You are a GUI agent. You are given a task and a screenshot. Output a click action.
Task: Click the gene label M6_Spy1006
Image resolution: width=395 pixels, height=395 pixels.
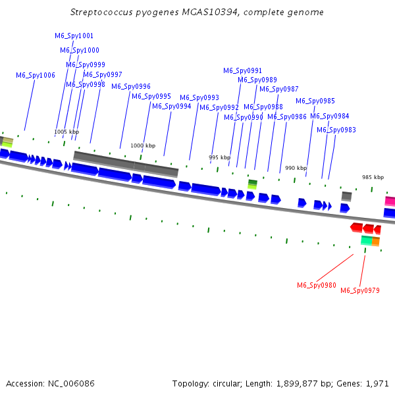(x=36, y=75)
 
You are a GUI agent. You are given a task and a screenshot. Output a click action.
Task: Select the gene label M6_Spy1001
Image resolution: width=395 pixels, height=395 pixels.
(x=74, y=36)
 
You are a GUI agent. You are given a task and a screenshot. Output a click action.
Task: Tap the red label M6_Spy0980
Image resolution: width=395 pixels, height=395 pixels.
(x=317, y=285)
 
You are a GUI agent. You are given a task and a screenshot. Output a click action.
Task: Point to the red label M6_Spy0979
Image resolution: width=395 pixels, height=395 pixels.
(x=360, y=290)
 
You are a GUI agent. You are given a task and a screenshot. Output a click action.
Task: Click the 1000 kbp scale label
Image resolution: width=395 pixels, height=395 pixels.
(x=143, y=145)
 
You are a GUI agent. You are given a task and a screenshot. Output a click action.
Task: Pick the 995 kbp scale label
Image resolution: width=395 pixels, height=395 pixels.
(x=219, y=157)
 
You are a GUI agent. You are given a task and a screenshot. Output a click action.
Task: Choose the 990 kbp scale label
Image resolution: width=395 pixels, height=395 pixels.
(x=296, y=168)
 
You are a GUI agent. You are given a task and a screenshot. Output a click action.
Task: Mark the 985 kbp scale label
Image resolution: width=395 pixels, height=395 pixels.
(x=373, y=177)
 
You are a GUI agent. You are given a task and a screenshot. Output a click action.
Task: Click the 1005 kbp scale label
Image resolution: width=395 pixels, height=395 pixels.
(x=66, y=132)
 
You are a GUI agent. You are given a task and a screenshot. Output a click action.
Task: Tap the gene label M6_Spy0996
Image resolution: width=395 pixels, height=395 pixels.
(x=131, y=87)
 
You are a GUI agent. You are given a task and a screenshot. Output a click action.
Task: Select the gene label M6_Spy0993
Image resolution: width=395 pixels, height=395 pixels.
(x=199, y=97)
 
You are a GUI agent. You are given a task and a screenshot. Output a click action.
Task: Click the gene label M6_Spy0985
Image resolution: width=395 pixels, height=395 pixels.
(x=315, y=101)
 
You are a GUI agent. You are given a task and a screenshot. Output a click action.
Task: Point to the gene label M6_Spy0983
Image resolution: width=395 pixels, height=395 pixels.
(x=336, y=130)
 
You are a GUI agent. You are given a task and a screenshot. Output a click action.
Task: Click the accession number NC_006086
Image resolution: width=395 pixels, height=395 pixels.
(x=71, y=384)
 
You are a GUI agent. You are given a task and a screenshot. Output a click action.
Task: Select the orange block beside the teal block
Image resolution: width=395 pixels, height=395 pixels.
(x=376, y=242)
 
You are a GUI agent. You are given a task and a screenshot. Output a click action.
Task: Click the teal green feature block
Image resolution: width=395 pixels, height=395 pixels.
(x=367, y=240)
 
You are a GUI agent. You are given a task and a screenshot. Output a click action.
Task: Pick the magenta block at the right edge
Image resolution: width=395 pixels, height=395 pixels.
(x=390, y=201)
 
